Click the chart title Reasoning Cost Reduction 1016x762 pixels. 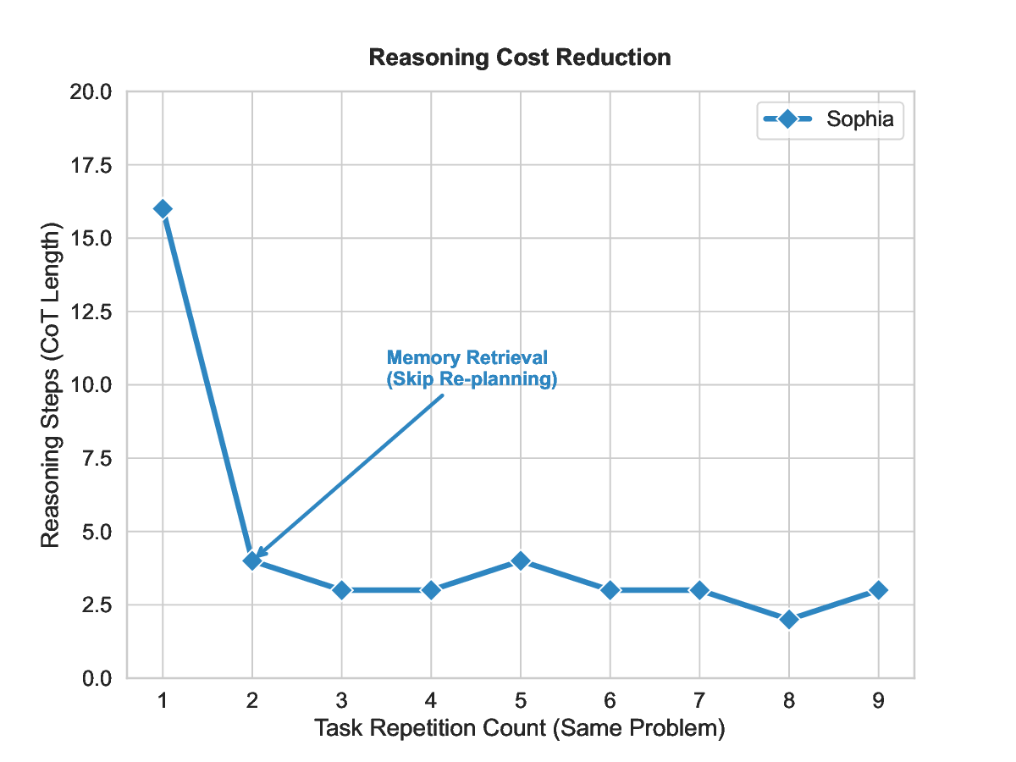pyautogui.click(x=520, y=58)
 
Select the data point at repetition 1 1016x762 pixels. pyautogui.click(x=163, y=209)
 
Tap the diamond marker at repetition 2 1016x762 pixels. pyautogui.click(x=252, y=560)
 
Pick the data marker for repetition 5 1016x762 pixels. pyautogui.click(x=521, y=560)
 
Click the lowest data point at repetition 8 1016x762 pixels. pyautogui.click(x=789, y=620)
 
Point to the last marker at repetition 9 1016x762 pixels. pyautogui.click(x=878, y=590)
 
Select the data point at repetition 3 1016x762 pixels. pyautogui.click(x=341, y=590)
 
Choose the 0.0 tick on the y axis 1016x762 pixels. pyautogui.click(x=96, y=678)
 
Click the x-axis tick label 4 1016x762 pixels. pyautogui.click(x=431, y=702)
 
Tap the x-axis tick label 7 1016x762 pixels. pyautogui.click(x=699, y=702)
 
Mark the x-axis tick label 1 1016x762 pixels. pyautogui.click(x=163, y=702)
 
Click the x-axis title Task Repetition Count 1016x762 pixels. pyautogui.click(x=520, y=728)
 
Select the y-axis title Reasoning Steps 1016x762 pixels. pyautogui.click(x=51, y=385)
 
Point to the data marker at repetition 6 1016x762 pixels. pyautogui.click(x=610, y=590)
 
